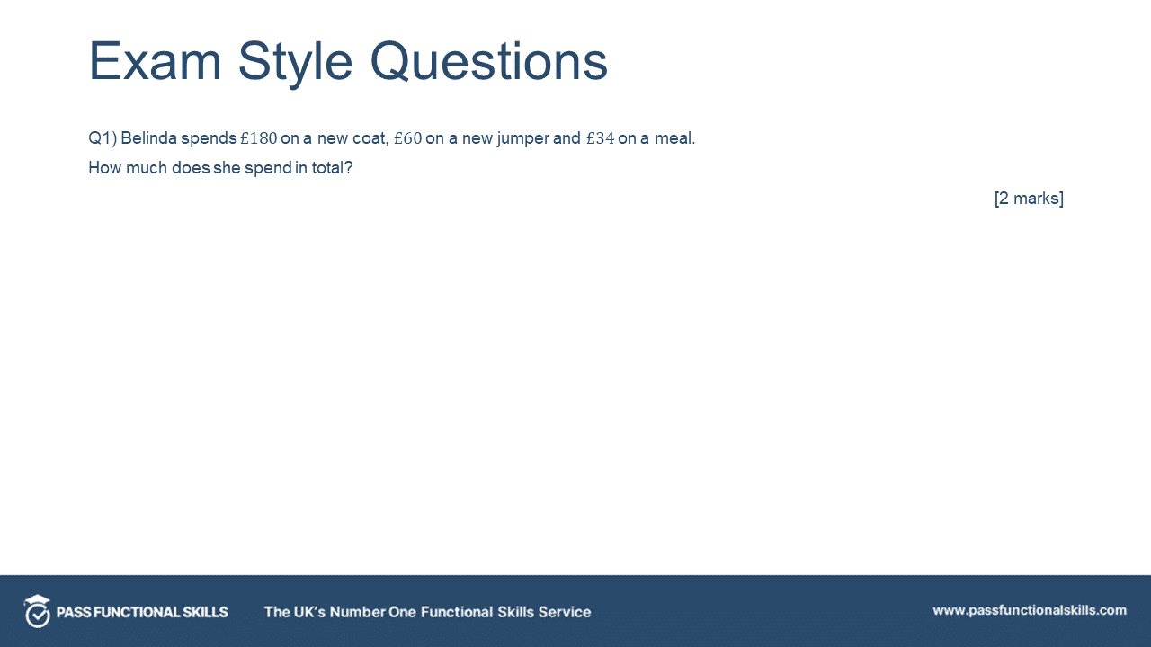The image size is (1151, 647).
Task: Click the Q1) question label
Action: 102,138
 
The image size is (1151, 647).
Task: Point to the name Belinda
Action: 148,138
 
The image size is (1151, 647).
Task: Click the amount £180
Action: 259,138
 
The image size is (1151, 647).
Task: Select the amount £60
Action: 407,138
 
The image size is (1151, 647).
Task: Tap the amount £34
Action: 600,138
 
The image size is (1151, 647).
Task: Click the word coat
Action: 367,138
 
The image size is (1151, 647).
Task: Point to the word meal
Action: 674,138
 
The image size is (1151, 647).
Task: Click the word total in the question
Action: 328,167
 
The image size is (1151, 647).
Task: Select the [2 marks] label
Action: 1029,198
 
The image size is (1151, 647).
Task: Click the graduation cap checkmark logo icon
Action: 37,611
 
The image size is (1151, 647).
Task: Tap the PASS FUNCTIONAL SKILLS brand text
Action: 142,612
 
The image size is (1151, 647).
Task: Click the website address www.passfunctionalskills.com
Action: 1029,610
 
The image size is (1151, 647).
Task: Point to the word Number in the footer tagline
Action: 357,612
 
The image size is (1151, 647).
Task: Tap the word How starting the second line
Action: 104,167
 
